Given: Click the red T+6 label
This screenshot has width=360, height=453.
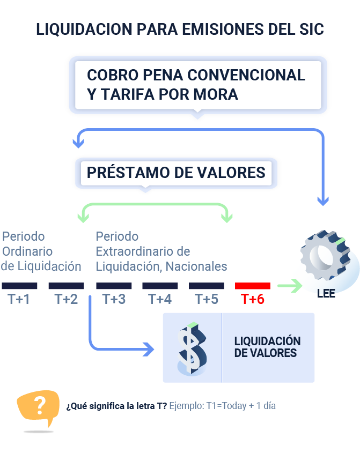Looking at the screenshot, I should click(x=253, y=299).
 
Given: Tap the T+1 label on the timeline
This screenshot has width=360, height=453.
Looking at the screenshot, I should click(x=19, y=299).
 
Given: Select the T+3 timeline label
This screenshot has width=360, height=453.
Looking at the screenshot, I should click(x=114, y=299).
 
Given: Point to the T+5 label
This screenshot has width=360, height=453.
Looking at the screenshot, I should click(x=207, y=299).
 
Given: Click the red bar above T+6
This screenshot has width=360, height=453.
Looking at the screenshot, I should click(x=253, y=286).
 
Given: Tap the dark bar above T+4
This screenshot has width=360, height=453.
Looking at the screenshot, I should click(x=160, y=286).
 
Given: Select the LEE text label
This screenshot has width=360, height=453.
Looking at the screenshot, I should click(x=326, y=294).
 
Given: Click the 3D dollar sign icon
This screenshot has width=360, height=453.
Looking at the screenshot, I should click(x=192, y=348).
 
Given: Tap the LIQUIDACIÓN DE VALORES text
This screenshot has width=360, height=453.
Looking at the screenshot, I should click(x=267, y=347).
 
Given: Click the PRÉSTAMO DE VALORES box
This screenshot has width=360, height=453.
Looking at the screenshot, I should click(x=176, y=172).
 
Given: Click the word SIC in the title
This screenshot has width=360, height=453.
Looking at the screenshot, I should click(x=310, y=29).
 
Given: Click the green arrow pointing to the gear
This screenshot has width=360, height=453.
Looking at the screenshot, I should click(x=290, y=286).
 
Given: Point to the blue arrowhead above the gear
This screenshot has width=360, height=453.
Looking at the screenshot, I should click(x=322, y=202).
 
